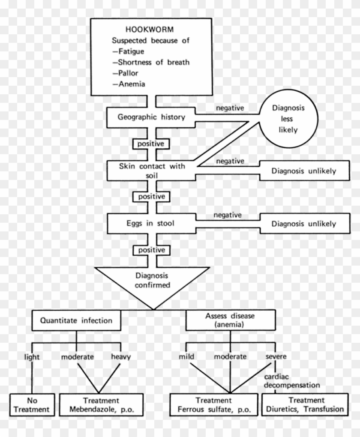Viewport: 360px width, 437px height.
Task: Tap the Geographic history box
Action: [151, 117]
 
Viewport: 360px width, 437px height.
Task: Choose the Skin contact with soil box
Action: [151, 171]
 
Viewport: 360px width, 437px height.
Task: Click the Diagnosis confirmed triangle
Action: [152, 281]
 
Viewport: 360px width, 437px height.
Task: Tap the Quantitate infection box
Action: [76, 320]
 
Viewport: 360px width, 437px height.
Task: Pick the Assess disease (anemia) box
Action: [230, 320]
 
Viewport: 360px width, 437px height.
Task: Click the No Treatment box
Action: [32, 405]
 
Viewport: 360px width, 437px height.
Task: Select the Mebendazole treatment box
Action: [102, 405]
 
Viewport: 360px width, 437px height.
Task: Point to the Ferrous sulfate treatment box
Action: [214, 405]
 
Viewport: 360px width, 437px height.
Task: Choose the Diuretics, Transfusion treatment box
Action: [306, 405]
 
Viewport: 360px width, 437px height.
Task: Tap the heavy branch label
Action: [120, 356]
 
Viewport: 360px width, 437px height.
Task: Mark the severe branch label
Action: [276, 356]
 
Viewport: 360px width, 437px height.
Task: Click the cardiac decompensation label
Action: [291, 381]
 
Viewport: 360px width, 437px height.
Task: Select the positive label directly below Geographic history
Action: [150, 144]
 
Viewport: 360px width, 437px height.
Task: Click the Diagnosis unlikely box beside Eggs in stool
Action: [303, 224]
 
